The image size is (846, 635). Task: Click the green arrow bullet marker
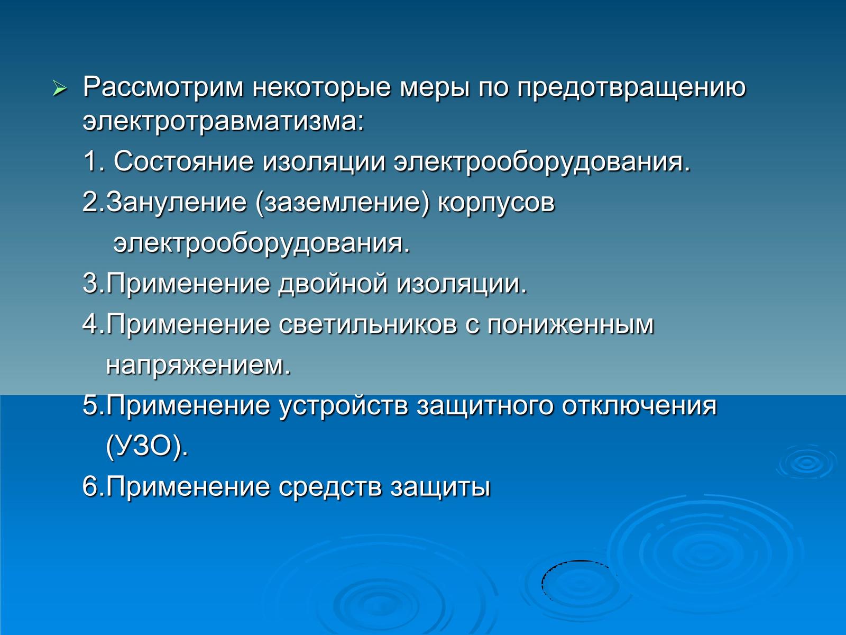(x=60, y=89)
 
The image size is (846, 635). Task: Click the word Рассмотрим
(x=163, y=87)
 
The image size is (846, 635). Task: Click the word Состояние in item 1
(x=183, y=161)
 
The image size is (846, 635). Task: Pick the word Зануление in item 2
(x=176, y=203)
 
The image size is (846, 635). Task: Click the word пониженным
(x=571, y=324)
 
